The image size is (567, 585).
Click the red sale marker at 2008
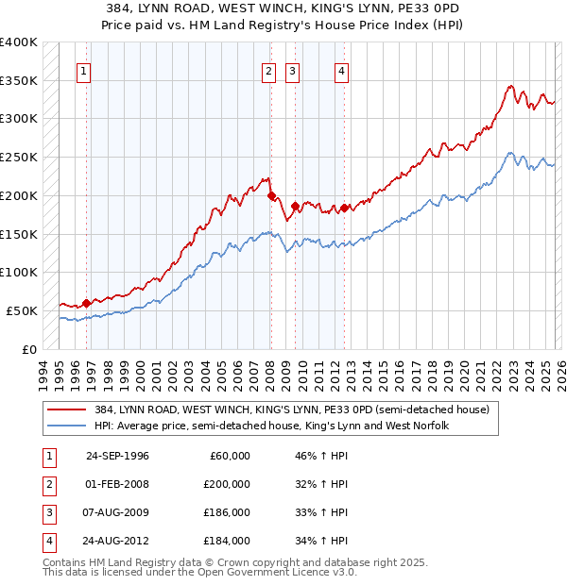click(x=272, y=196)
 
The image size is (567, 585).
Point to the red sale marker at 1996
click(x=86, y=303)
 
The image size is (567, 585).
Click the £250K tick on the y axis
click(x=18, y=157)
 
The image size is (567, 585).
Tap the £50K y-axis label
click(x=22, y=310)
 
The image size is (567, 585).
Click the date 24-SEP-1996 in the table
click(x=117, y=456)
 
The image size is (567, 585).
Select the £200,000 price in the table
click(x=227, y=484)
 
